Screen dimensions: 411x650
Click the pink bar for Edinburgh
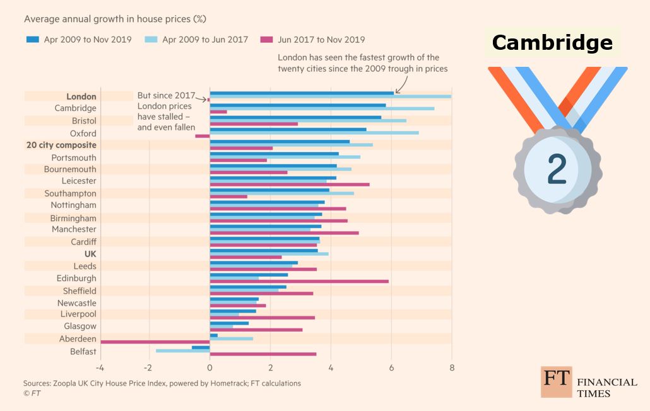tap(299, 281)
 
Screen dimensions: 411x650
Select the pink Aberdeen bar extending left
tap(155, 342)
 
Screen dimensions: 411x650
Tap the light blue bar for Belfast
tap(183, 350)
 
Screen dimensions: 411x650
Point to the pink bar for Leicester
tap(290, 185)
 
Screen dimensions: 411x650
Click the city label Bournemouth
tap(70, 170)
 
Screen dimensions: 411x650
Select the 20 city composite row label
tap(61, 145)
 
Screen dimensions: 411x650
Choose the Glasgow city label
tap(80, 327)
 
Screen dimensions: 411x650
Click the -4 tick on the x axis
tap(99, 368)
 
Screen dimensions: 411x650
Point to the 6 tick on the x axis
tap(391, 368)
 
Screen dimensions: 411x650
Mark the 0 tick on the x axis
tap(210, 368)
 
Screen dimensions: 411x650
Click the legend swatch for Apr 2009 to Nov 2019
tap(32, 40)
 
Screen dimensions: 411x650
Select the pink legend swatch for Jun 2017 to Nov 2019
tap(267, 40)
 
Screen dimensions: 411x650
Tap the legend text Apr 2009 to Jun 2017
tap(206, 40)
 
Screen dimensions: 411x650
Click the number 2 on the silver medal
tap(557, 170)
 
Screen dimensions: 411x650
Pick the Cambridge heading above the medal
tap(552, 42)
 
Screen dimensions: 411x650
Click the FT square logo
tap(556, 382)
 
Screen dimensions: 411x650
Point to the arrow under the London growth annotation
tap(399, 85)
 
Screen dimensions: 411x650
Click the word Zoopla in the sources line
tap(70, 383)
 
